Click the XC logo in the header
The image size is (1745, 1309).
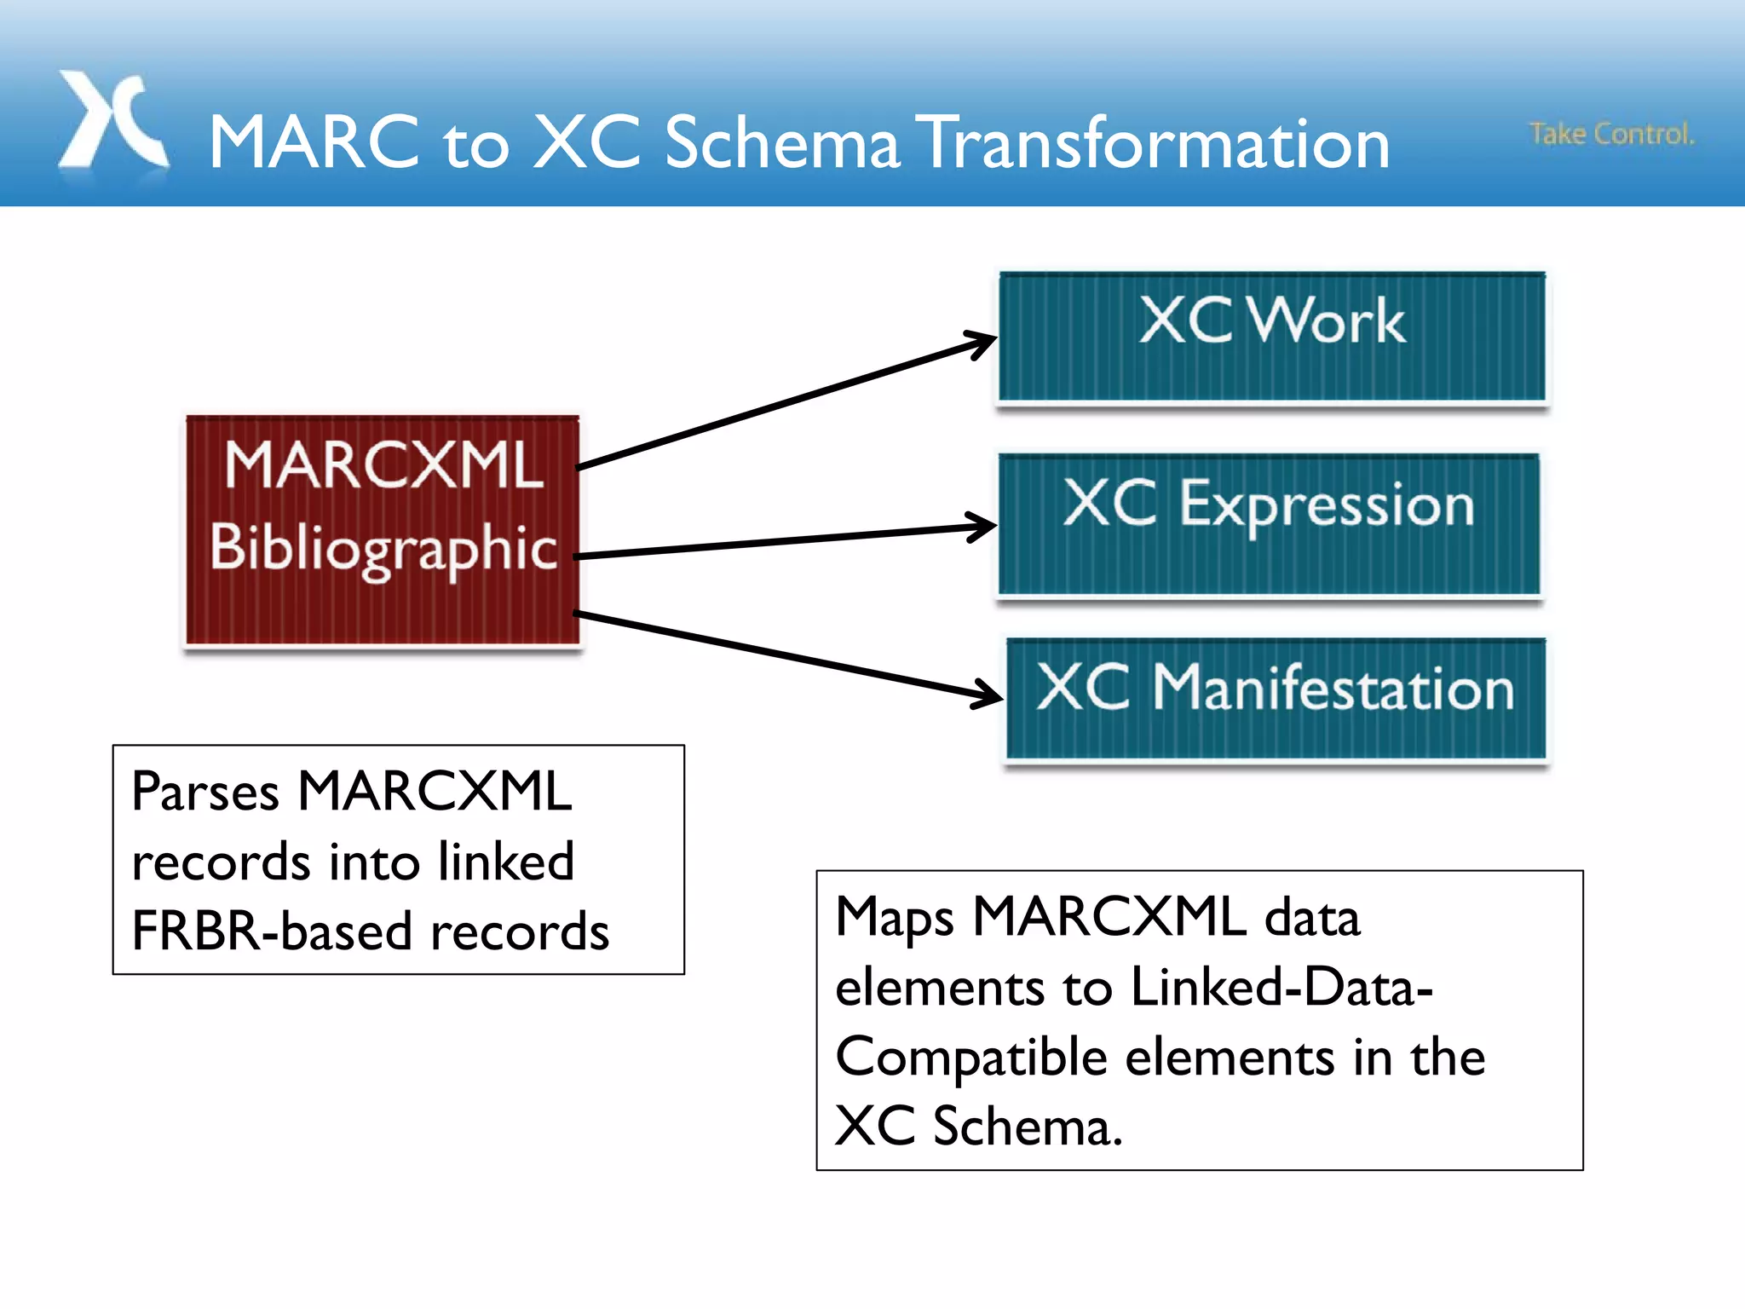112,121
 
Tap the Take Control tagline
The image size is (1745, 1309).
1611,134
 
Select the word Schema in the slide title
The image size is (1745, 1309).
781,143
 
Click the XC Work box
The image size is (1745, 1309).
1271,337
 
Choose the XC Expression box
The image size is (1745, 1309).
1269,523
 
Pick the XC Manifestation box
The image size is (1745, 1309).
1276,699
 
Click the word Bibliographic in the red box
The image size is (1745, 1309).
383,548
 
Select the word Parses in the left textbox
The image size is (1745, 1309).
205,793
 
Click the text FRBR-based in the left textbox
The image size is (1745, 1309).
273,931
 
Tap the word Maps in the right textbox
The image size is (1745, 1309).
894,919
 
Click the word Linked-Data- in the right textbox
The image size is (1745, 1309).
1281,988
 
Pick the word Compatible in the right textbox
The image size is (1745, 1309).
971,1058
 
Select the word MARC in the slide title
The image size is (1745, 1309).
315,143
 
